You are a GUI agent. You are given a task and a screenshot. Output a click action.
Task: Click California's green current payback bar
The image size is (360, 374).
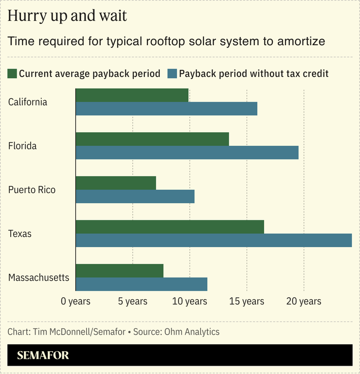(132, 95)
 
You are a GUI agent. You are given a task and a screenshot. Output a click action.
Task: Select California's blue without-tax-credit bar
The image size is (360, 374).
(166, 109)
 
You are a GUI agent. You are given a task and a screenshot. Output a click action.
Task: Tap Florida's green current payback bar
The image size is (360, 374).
(152, 139)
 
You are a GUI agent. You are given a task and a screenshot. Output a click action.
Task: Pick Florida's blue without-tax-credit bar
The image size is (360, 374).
(187, 153)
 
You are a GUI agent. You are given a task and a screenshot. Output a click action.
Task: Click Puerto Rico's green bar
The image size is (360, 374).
(116, 183)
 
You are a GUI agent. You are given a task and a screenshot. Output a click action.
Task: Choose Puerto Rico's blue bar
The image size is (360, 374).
(135, 196)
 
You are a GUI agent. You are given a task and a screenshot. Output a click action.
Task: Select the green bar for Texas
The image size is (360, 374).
(170, 227)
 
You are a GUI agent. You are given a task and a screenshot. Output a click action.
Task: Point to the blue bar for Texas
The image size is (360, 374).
(214, 240)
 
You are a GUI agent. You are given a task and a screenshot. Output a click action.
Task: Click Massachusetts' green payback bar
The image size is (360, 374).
(120, 270)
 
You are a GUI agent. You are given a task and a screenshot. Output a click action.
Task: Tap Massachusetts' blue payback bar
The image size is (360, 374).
(142, 284)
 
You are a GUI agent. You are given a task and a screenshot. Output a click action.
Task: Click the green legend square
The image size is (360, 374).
(12, 74)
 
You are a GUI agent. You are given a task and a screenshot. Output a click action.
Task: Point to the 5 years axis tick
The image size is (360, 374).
(132, 302)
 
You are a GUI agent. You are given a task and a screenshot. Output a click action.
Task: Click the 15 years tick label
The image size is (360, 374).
(247, 302)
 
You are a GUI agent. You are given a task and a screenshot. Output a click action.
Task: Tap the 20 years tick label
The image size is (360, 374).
(304, 302)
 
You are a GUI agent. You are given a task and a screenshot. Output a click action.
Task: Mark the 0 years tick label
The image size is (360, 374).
(76, 302)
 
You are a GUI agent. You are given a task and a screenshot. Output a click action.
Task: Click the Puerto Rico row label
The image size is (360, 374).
(32, 190)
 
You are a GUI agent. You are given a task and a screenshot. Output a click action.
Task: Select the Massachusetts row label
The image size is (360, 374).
(39, 278)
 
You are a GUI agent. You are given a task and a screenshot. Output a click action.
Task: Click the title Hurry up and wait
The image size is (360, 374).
(67, 16)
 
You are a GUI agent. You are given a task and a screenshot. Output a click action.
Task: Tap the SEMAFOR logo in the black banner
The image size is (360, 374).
(43, 356)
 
